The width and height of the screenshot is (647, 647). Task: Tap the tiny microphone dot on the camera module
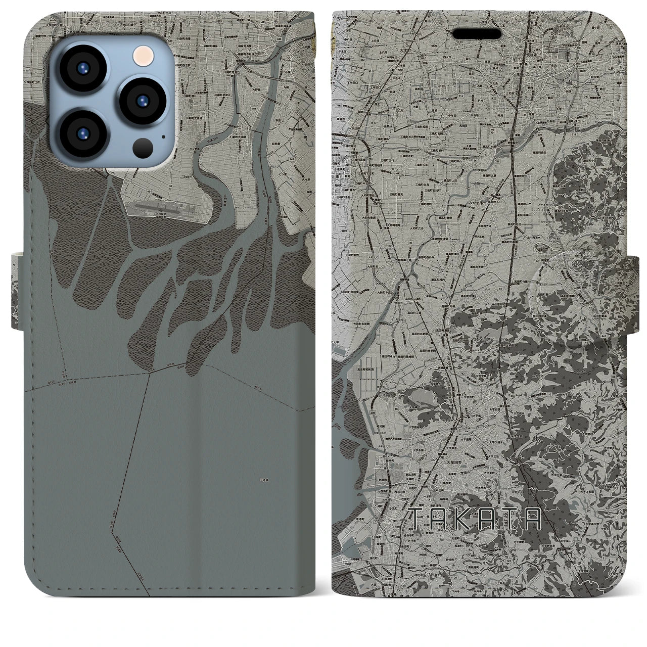click(x=163, y=136)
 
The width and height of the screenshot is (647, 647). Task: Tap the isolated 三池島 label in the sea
click(x=263, y=481)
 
